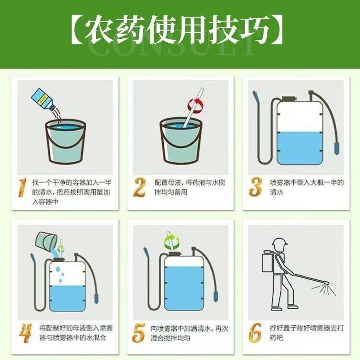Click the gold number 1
pyautogui.click(x=23, y=187)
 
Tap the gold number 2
pyautogui.click(x=139, y=187)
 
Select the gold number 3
pyautogui.click(x=255, y=187)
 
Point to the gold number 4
pyautogui.click(x=25, y=333)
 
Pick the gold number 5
pyautogui.click(x=139, y=333)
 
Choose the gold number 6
pyautogui.click(x=255, y=333)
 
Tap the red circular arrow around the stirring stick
pyautogui.click(x=195, y=106)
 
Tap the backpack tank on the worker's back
pyautogui.click(x=268, y=262)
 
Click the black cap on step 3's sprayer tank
pyautogui.click(x=289, y=99)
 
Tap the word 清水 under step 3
pyautogui.click(x=277, y=192)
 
